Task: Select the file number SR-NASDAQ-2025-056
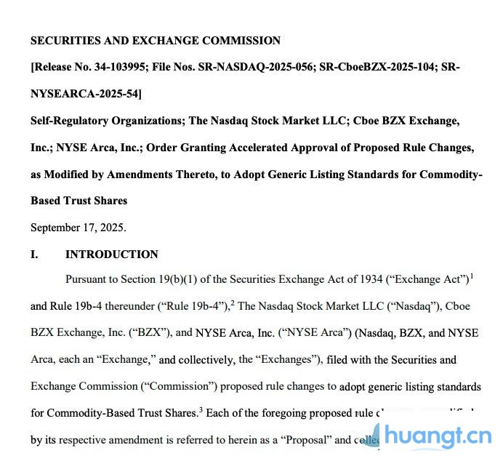259,67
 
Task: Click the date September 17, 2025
78,227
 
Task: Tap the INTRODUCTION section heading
111,254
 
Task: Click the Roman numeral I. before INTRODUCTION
35,254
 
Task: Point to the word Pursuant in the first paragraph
87,279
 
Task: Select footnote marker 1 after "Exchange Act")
472,276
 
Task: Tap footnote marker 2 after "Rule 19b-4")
232,302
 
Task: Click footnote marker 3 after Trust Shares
201,409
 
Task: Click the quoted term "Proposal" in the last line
306,439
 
